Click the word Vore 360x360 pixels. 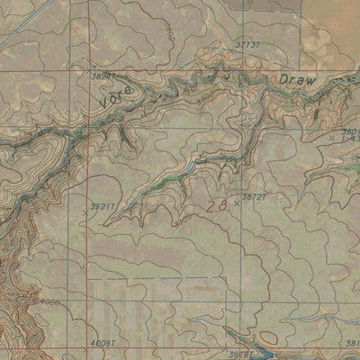pyautogui.click(x=118, y=97)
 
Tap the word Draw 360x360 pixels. pyautogui.click(x=297, y=81)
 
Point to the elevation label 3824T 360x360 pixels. pyautogui.click(x=104, y=77)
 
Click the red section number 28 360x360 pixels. pyautogui.click(x=216, y=206)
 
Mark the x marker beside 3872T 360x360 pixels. pyautogui.click(x=238, y=202)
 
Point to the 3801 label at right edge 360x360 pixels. pyautogui.click(x=350, y=130)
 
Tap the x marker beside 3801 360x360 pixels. pyautogui.click(x=332, y=136)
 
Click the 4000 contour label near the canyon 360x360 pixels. pyautogui.click(x=50, y=302)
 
